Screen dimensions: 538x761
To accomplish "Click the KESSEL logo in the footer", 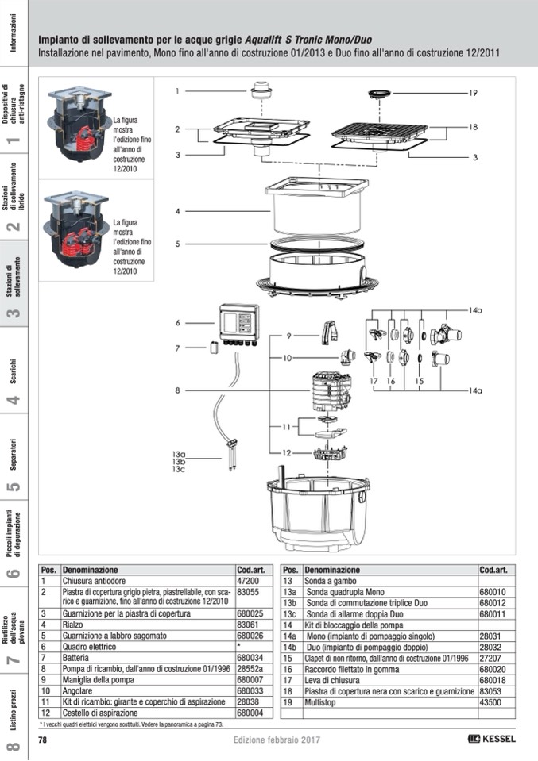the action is [491, 739].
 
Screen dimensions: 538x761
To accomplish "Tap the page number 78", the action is [43, 740].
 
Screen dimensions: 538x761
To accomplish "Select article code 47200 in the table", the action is [248, 581].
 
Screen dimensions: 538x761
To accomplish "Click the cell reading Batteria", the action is [75, 658].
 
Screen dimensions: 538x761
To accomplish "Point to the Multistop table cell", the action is [319, 702].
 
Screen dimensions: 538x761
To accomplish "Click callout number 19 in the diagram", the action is [473, 93].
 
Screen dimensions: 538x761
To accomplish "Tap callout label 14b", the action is [475, 310].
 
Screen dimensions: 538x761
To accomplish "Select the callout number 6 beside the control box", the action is [178, 323].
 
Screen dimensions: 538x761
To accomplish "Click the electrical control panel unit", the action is [238, 325].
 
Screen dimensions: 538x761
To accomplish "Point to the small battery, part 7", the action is [214, 348].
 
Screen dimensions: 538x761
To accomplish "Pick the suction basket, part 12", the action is [330, 453].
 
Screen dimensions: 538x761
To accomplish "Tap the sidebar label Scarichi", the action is [14, 371].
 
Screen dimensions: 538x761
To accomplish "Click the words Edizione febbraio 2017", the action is [277, 740].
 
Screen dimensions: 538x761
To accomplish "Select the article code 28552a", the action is [250, 669].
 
